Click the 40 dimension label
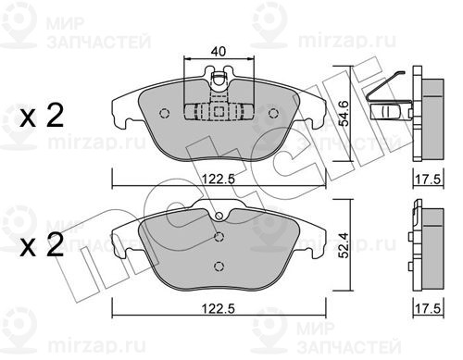coord(219,51)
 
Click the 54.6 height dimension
coord(344,114)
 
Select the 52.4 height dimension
coord(344,245)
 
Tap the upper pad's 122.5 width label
coord(219,179)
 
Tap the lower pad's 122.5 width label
coord(219,308)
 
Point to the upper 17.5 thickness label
coord(428,180)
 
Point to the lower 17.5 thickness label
coord(428,309)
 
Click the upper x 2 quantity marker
coord(42,116)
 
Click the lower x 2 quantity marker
coord(42,245)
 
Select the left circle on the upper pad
coord(165,114)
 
